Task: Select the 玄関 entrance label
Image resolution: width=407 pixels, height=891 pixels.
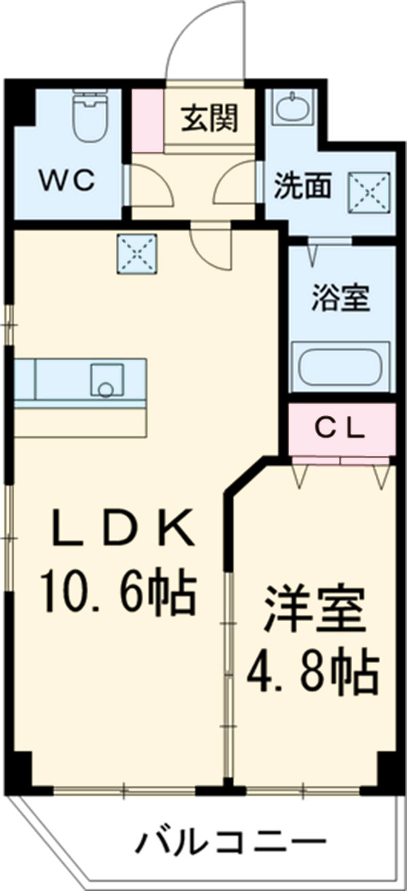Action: click(x=209, y=119)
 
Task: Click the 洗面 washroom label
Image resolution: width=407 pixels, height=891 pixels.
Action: click(x=303, y=187)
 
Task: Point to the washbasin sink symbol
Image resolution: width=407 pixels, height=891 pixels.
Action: click(x=292, y=107)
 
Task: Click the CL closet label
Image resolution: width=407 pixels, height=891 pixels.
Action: click(x=342, y=429)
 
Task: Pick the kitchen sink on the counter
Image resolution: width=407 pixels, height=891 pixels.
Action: click(x=107, y=380)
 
